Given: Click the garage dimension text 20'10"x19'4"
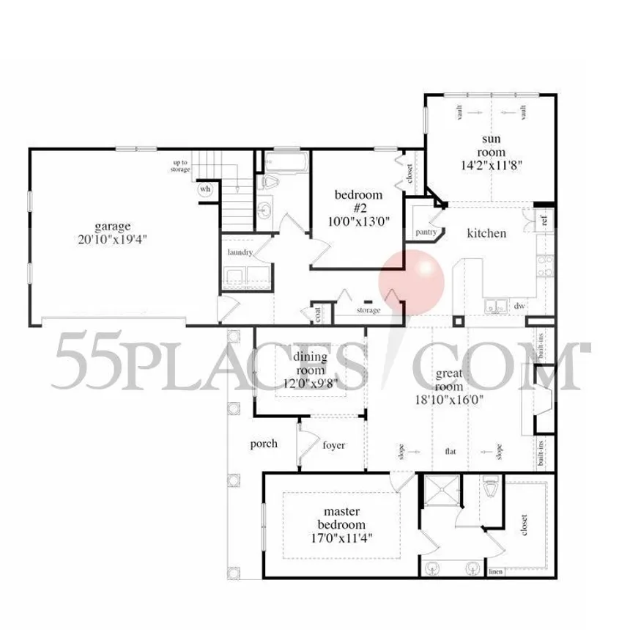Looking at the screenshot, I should point(111,238).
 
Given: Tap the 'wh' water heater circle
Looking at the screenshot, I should point(205,188).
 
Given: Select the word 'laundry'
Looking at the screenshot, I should point(240,252).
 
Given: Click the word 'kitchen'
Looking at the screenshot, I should point(486,233).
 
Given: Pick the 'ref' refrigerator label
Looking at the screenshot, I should point(544,219).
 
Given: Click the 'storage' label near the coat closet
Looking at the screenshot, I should point(368,311).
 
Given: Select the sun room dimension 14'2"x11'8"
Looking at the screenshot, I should point(490,164).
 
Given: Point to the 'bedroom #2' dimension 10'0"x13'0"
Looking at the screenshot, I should point(358,219).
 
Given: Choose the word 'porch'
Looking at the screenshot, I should point(264,444).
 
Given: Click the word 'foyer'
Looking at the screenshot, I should point(333,444).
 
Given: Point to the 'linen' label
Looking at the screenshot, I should point(495,571).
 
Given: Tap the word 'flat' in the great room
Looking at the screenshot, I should point(450,452).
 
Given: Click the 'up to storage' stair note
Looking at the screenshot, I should point(180,166).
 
